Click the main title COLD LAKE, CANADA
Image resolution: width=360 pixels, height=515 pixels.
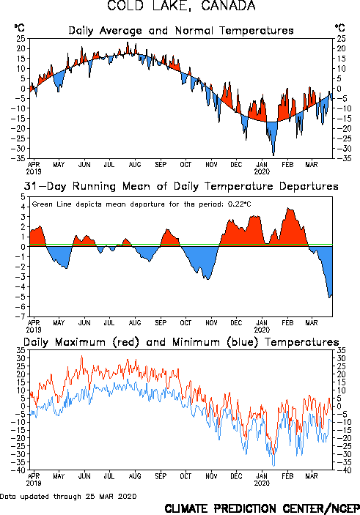click(x=181, y=6)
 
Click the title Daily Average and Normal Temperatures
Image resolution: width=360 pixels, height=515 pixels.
click(x=181, y=31)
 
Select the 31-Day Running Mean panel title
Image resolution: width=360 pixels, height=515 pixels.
click(x=181, y=186)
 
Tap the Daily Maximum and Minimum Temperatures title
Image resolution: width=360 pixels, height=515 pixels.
click(x=181, y=342)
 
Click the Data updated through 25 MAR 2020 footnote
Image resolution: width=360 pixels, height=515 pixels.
click(x=68, y=496)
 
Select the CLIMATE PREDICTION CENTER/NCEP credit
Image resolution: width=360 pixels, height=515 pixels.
click(x=262, y=508)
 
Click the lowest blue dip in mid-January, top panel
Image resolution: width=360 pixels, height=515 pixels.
click(x=273, y=155)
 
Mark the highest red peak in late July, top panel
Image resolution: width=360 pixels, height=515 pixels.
click(x=128, y=42)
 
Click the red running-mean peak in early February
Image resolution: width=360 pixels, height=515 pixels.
click(x=288, y=209)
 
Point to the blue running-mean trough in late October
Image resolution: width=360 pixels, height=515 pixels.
click(x=207, y=279)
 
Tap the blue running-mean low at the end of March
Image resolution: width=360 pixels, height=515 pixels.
click(x=330, y=297)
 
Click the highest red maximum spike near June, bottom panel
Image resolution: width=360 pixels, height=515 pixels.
click(x=82, y=356)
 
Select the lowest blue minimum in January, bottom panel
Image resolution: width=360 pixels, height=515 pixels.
click(x=273, y=466)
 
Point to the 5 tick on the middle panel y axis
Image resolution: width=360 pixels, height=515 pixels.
click(x=23, y=197)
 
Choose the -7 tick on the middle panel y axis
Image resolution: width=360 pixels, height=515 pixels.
click(x=21, y=316)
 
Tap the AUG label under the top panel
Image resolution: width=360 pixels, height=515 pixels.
click(x=135, y=165)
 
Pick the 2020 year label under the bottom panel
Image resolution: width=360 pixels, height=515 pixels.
click(x=262, y=483)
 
